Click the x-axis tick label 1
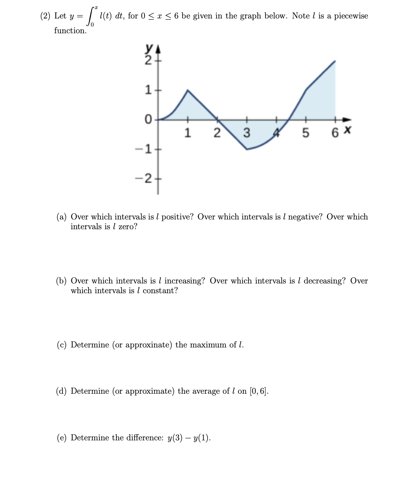(187, 133)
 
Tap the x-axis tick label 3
(246, 133)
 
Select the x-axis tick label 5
(306, 133)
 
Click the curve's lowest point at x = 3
(247, 149)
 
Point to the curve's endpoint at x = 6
(335, 61)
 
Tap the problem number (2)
(46, 16)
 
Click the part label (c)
(62, 345)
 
